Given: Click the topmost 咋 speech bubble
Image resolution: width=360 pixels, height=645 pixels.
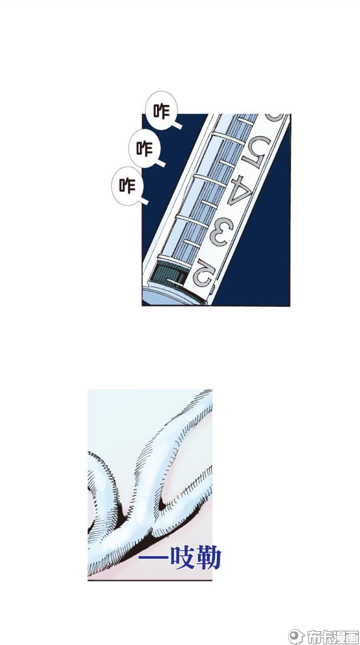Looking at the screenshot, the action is click(x=162, y=110).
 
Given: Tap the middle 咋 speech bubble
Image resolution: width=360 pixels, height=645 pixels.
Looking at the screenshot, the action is click(x=144, y=148).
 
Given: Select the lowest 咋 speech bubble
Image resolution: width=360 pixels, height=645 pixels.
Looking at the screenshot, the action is click(x=127, y=186).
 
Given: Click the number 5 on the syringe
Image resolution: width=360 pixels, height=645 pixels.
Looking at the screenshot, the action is click(x=255, y=150).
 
